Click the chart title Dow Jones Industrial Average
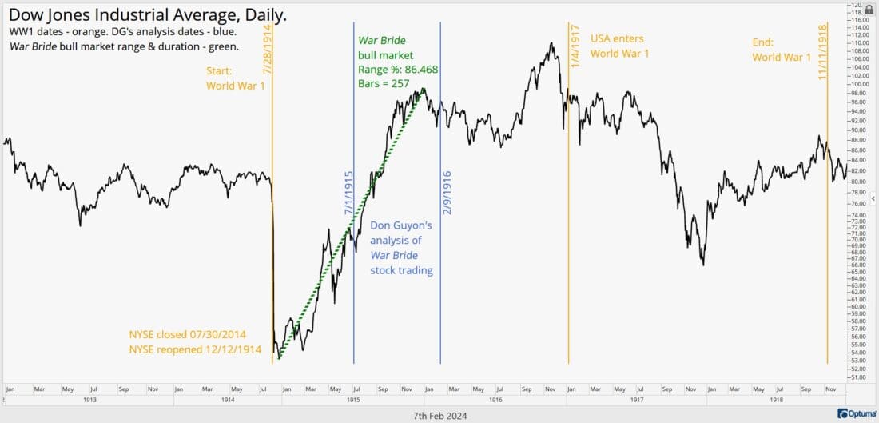[x=148, y=15]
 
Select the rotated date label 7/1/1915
[x=348, y=194]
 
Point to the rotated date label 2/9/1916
[x=447, y=192]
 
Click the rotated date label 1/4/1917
[x=575, y=46]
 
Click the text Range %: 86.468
[x=397, y=70]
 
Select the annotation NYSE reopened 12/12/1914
[x=195, y=349]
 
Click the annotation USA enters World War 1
[x=619, y=46]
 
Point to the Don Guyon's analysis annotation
[x=401, y=248]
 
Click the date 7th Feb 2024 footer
[x=439, y=415]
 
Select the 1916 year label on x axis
[x=495, y=399]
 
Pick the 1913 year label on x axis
[x=89, y=399]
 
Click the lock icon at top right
[x=869, y=9]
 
